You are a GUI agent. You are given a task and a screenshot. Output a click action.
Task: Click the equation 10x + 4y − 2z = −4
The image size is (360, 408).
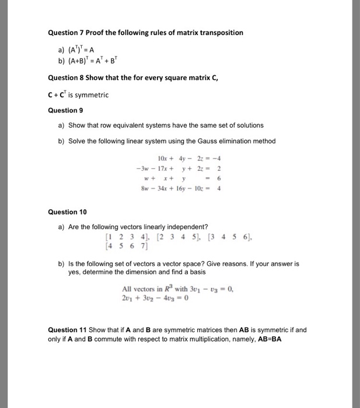[x=189, y=159]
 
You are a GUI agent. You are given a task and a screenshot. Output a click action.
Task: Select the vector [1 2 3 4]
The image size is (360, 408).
[x=122, y=237]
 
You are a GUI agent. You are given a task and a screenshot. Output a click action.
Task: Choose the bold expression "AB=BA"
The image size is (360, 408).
[x=267, y=339]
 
